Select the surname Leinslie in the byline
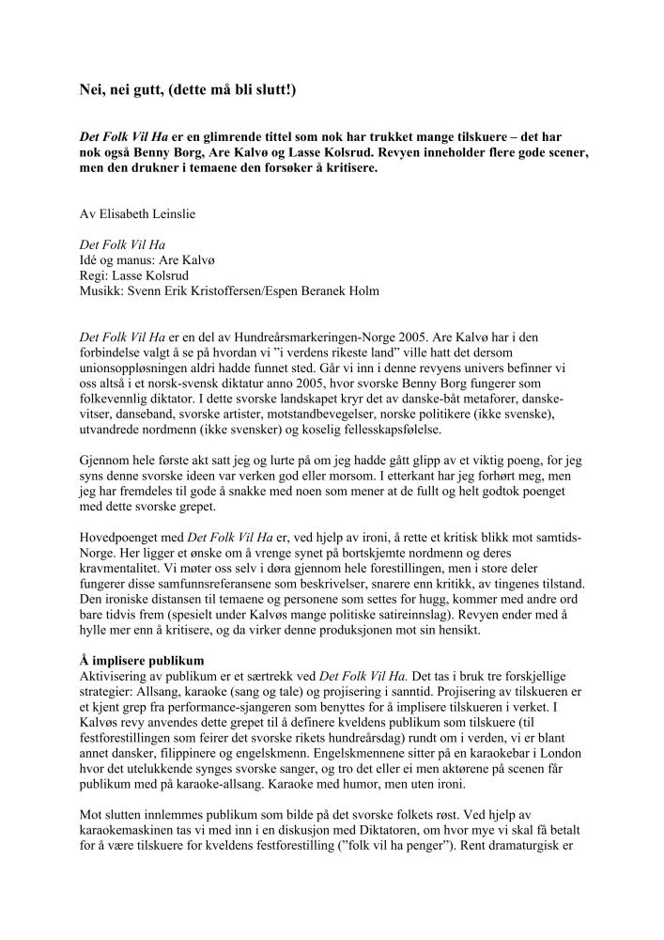187,214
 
